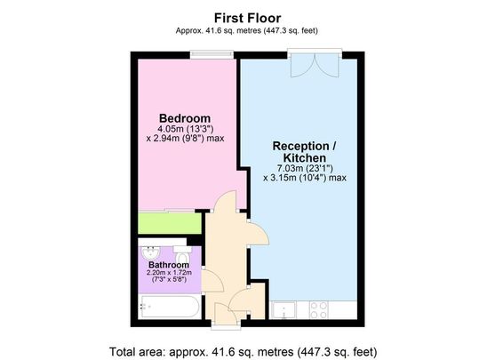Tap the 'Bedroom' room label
184,118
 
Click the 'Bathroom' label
167,265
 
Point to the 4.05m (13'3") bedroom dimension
184,129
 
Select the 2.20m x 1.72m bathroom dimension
168,273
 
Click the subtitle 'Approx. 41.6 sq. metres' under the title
247,30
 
